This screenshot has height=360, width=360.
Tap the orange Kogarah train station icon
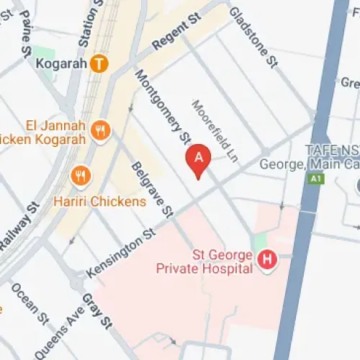[x=100, y=63]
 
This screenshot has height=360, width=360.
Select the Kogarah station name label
[x=60, y=63]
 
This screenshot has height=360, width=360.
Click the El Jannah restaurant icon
[x=100, y=130]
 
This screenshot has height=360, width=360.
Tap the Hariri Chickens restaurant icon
[x=80, y=175]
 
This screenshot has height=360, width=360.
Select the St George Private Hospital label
[x=204, y=262]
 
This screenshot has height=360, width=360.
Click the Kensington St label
[x=121, y=253]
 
